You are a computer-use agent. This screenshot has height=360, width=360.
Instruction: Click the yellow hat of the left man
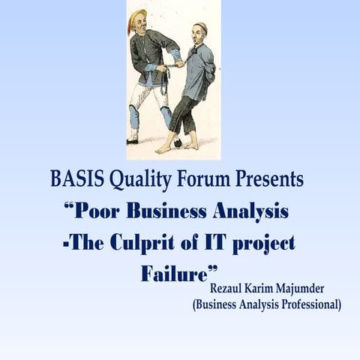tap(136, 19)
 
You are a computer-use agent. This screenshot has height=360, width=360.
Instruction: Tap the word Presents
tap(268, 180)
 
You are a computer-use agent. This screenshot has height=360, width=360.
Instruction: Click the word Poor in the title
tap(97, 211)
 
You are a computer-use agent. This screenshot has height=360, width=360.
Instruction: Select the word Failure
tap(174, 273)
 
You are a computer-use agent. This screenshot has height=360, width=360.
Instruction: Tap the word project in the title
tap(266, 243)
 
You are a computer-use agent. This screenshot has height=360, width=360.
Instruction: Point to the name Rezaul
tap(229, 289)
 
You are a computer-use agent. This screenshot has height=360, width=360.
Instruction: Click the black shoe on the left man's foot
tap(133, 139)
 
